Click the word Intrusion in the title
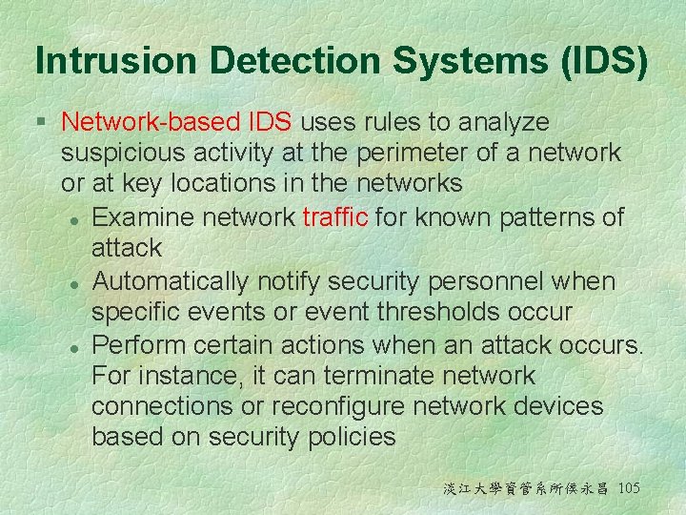coord(116,62)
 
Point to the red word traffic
coord(335,216)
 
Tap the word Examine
coord(143,216)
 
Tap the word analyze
coord(503,122)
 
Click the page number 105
coord(629,489)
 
